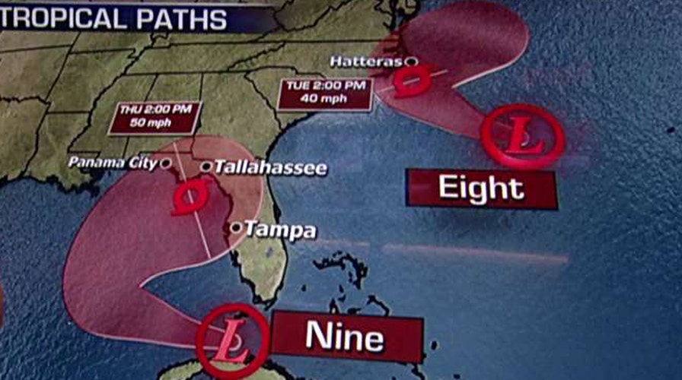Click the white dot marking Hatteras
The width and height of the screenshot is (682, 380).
[x=411, y=61]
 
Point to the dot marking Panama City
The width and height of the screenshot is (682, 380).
[x=165, y=163]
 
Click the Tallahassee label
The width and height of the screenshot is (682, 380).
[x=270, y=168]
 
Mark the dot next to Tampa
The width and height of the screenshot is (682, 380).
[x=237, y=227]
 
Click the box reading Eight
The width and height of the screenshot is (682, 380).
[x=481, y=189]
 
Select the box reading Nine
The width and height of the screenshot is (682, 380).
[x=346, y=336]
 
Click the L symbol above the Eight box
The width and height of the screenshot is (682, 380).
[x=523, y=138]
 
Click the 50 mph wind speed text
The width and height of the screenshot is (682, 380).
[x=155, y=124]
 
